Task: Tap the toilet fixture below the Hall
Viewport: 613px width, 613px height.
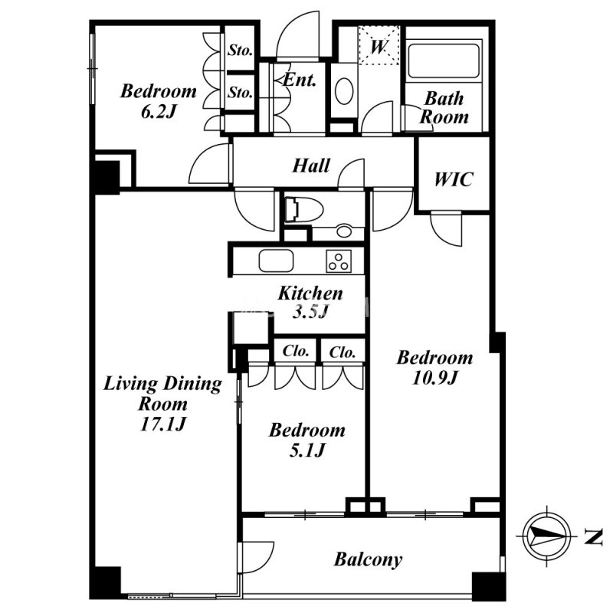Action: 303,209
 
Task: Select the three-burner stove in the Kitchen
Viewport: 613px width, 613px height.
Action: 339,261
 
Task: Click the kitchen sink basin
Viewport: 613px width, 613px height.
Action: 276,261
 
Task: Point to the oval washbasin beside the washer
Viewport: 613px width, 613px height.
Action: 344,91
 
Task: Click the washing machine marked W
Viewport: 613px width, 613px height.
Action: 379,45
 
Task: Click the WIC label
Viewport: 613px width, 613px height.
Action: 454,179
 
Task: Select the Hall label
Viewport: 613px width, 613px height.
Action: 311,166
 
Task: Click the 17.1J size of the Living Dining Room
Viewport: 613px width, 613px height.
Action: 162,425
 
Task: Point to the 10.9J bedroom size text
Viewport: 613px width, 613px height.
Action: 434,378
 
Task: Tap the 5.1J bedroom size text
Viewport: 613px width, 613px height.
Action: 307,451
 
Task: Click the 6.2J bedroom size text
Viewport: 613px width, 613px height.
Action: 159,112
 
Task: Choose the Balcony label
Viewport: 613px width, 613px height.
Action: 368,559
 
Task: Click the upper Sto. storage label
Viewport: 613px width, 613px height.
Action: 240,50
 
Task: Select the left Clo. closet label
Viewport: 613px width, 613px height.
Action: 296,351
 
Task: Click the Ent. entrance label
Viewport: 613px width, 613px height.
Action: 299,80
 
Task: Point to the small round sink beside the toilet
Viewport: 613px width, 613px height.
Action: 344,231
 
